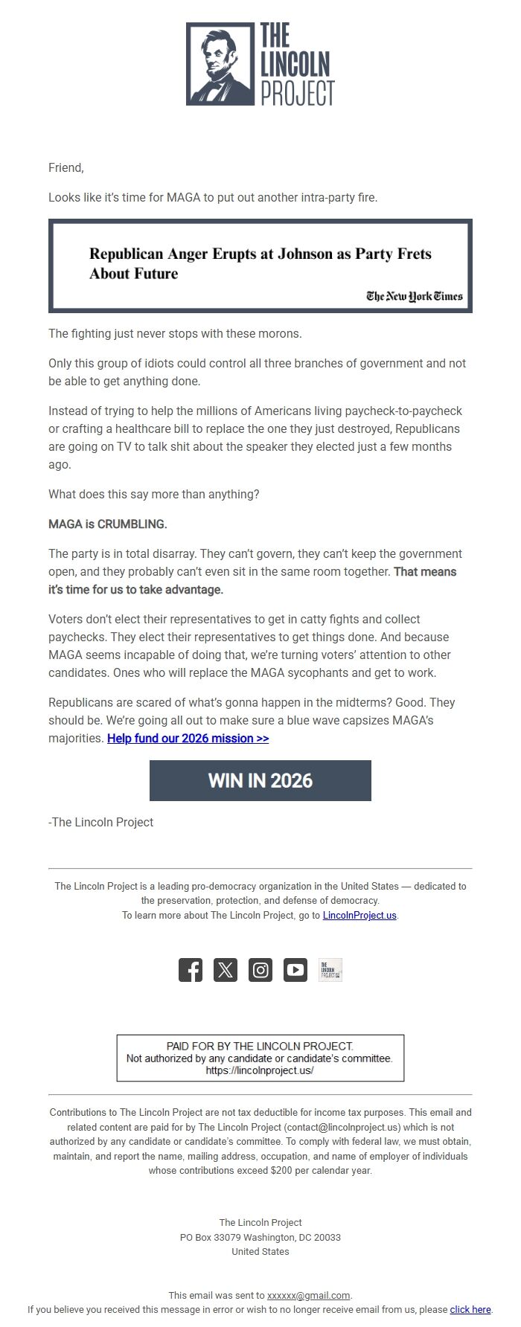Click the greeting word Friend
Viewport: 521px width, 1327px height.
[65, 167]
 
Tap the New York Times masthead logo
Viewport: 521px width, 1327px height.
[414, 296]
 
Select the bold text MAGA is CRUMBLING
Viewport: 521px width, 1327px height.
[108, 524]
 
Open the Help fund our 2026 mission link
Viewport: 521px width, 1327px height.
[188, 738]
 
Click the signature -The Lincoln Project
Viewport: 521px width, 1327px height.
[100, 822]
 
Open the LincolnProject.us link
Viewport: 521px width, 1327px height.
[359, 915]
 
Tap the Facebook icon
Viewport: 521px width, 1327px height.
[191, 970]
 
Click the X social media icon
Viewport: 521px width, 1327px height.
[226, 970]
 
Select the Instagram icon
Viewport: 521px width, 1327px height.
[260, 970]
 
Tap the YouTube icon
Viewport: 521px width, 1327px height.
[295, 970]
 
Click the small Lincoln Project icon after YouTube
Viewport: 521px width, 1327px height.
[330, 970]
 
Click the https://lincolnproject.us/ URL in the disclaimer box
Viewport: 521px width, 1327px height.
[260, 1070]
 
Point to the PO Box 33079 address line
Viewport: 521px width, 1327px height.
[260, 1237]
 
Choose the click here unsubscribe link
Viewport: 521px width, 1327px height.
[470, 1309]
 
